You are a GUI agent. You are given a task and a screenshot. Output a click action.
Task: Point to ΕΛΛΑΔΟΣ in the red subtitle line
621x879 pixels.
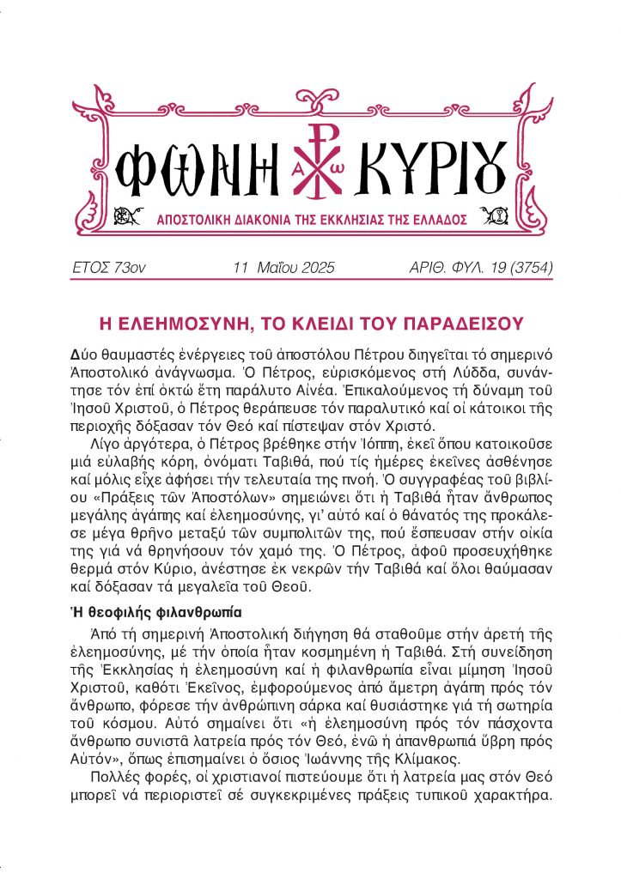tap(464, 220)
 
